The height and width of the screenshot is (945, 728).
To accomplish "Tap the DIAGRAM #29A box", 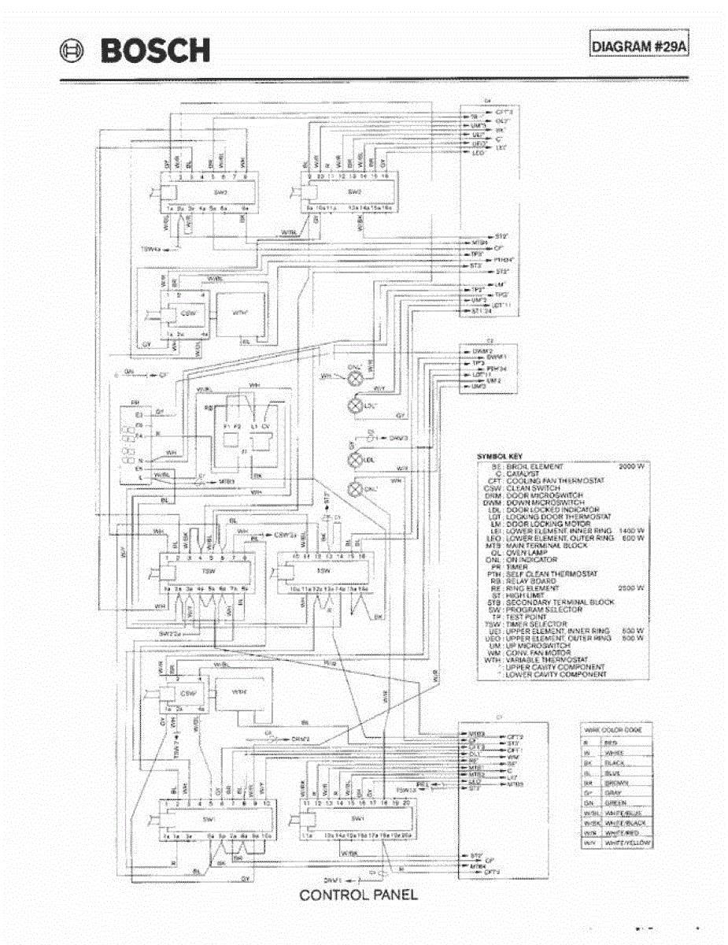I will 639,46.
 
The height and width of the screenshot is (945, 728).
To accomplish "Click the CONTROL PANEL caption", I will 358,895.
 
